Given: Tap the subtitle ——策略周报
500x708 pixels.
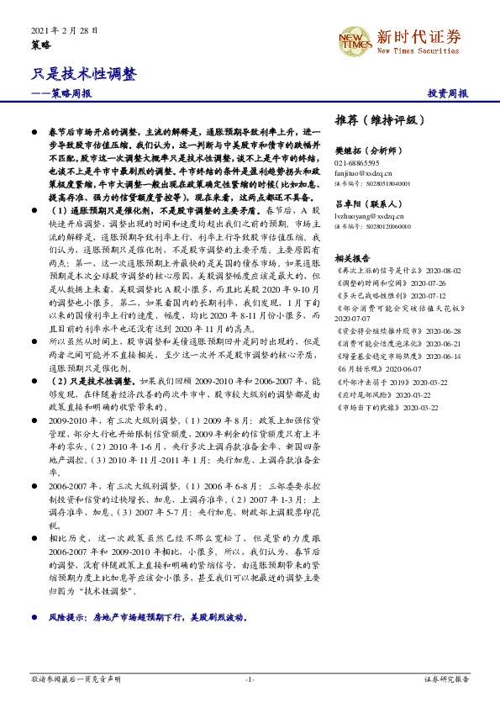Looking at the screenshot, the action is pyautogui.click(x=62, y=93).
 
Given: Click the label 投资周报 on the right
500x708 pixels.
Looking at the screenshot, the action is pyautogui.click(x=447, y=93).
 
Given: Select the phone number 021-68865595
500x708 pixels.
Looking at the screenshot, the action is pyautogui.click(x=357, y=162).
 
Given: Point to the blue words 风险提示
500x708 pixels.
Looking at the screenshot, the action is pyautogui.click(x=68, y=616).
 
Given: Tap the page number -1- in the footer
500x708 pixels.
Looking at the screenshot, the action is pyautogui.click(x=250, y=678).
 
